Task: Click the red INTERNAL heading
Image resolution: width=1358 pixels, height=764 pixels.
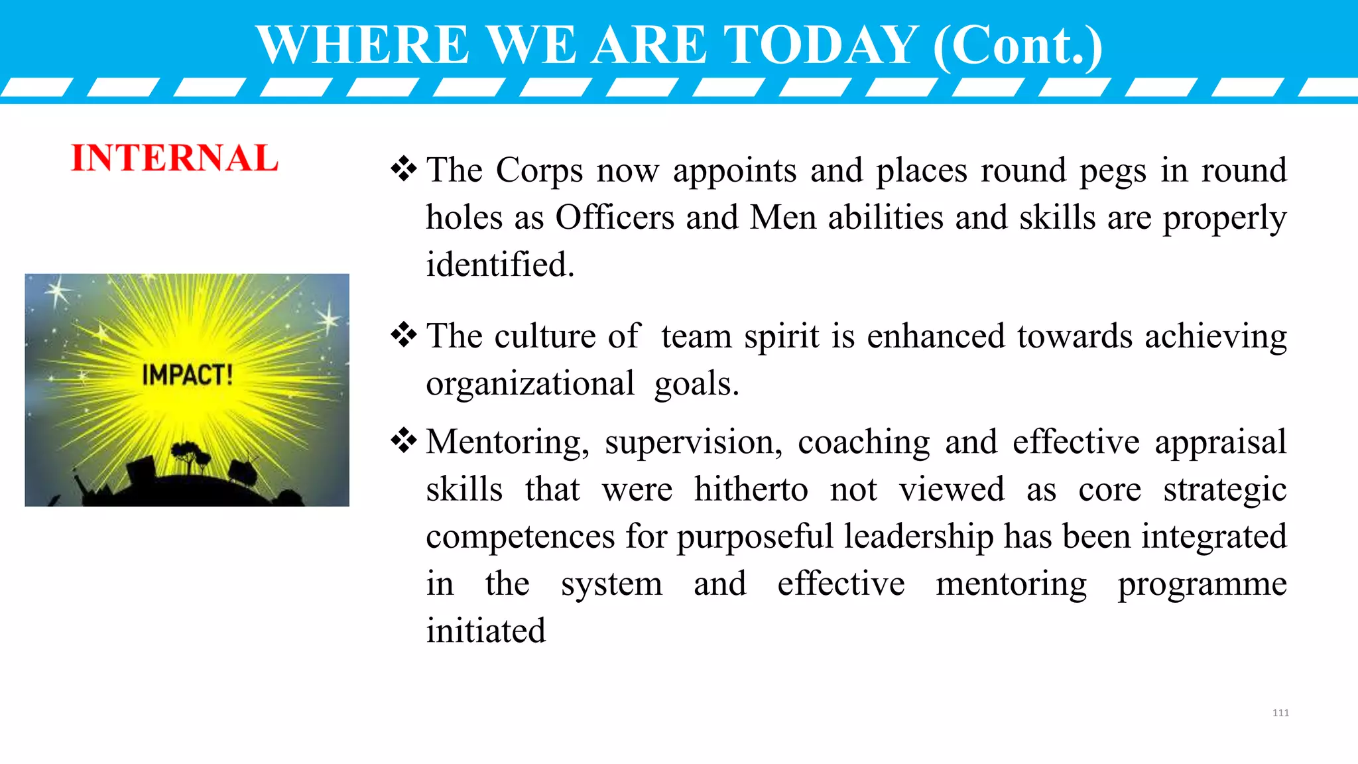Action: pyautogui.click(x=174, y=158)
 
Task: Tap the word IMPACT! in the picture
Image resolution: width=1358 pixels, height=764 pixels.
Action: pyautogui.click(x=187, y=375)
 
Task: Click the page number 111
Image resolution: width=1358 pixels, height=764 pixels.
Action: pyautogui.click(x=1280, y=713)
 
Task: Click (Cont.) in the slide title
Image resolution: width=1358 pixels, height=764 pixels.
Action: pyautogui.click(x=1017, y=44)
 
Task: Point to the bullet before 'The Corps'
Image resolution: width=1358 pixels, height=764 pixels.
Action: pyautogui.click(x=404, y=169)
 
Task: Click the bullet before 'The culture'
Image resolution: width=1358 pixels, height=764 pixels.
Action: pyautogui.click(x=404, y=335)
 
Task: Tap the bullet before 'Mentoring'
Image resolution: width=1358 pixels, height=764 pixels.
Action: pyautogui.click(x=404, y=441)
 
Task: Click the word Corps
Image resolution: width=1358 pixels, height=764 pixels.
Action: pyautogui.click(x=539, y=170)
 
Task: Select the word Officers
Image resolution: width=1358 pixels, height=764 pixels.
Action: pyautogui.click(x=615, y=218)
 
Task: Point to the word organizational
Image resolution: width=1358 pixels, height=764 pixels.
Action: pyautogui.click(x=530, y=384)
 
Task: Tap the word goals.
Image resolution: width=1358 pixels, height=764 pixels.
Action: pyautogui.click(x=696, y=384)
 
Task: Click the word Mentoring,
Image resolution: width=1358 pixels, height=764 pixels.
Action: pyautogui.click(x=507, y=442)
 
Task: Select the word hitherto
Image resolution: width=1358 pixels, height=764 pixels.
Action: pyautogui.click(x=751, y=489)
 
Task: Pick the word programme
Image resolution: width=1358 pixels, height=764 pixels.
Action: pyautogui.click(x=1202, y=584)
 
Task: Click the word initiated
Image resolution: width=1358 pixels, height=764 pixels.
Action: pyautogui.click(x=485, y=631)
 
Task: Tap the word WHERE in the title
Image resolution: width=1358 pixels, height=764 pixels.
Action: pyautogui.click(x=363, y=44)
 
